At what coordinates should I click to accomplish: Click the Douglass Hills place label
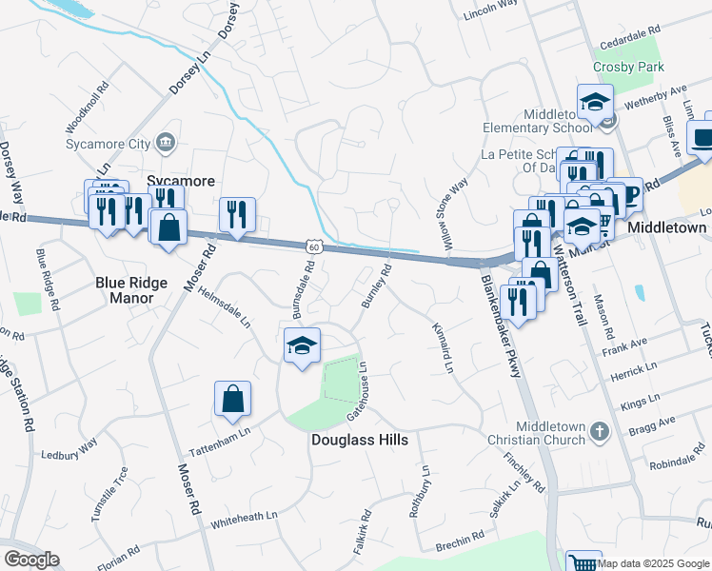tap(360, 440)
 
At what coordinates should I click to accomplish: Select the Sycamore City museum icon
tap(167, 144)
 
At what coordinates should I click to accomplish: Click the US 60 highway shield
tap(314, 246)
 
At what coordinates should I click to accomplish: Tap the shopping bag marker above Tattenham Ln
tap(232, 400)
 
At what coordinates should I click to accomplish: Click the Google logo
tap(31, 560)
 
